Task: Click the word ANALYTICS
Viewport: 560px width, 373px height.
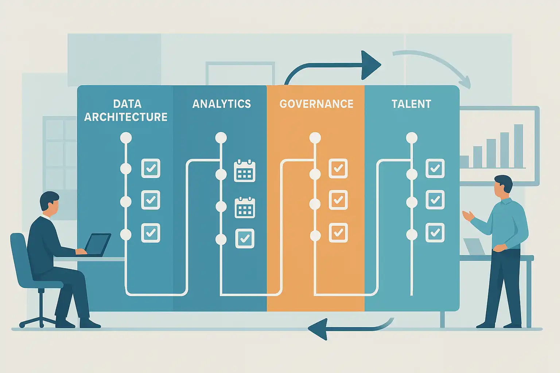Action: click(222, 104)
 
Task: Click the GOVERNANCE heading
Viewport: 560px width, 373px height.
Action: click(316, 104)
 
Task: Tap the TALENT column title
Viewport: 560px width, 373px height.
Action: click(411, 104)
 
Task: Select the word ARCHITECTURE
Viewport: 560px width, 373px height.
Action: click(126, 117)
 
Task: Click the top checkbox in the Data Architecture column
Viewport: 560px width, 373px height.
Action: click(151, 168)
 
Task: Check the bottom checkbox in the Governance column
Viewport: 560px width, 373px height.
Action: click(338, 232)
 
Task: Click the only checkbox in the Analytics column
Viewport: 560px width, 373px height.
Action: click(245, 239)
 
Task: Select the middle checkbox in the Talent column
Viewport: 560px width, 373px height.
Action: click(435, 200)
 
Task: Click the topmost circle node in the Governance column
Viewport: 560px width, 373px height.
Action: click(315, 138)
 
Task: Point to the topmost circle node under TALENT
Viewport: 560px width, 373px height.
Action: click(412, 138)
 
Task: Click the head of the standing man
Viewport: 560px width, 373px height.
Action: click(503, 185)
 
